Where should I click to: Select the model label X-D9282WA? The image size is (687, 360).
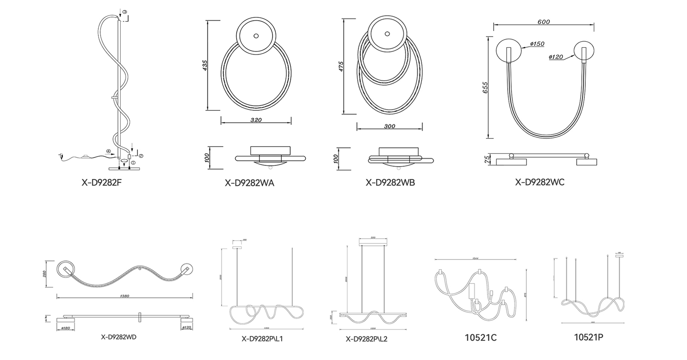click(249, 183)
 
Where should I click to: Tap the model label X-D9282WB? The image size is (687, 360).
click(390, 183)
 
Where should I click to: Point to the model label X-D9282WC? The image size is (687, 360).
click(540, 182)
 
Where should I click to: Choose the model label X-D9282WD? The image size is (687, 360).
click(119, 337)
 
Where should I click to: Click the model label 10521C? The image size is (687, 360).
click(480, 338)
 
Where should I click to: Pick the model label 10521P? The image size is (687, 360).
click(589, 337)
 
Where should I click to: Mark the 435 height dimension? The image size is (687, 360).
click(205, 65)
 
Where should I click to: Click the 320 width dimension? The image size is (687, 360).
click(256, 120)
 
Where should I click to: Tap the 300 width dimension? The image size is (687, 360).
click(389, 126)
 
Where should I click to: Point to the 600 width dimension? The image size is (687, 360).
click(544, 22)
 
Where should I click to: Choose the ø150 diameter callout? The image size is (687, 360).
click(537, 44)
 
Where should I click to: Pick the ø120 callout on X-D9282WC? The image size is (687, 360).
click(556, 57)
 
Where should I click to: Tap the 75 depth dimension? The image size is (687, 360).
click(487, 160)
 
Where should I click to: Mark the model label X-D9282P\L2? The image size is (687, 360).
click(367, 339)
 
